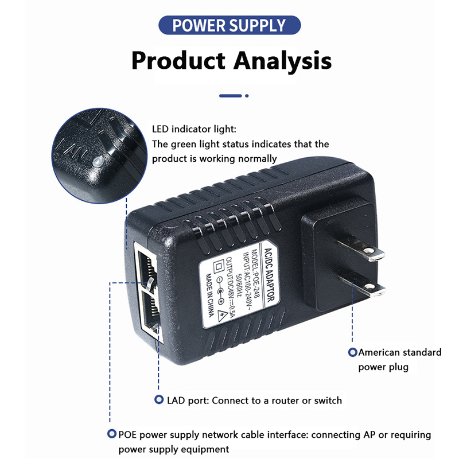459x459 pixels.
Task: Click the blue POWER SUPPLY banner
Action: click(x=229, y=25)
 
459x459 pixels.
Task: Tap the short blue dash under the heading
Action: click(x=230, y=96)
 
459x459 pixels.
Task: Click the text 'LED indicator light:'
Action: click(x=193, y=130)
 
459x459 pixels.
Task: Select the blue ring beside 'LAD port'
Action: click(x=158, y=400)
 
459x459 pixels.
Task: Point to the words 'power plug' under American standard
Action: click(x=383, y=367)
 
